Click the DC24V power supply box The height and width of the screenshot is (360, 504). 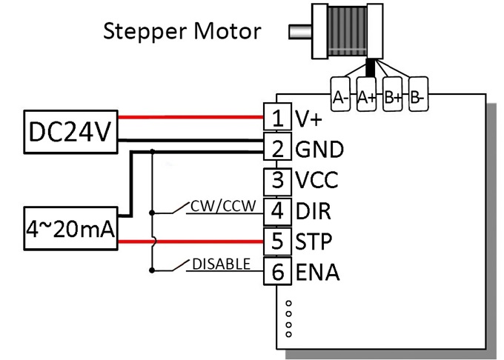[70, 132]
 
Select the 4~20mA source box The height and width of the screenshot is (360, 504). [70, 229]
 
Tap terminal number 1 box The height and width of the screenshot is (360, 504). [278, 116]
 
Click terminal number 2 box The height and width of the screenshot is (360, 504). [278, 147]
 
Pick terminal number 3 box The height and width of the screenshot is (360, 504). [278, 181]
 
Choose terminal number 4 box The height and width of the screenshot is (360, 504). [278, 212]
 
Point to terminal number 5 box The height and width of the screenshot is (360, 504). [278, 241]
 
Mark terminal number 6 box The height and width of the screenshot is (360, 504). [278, 270]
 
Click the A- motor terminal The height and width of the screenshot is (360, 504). [340, 94]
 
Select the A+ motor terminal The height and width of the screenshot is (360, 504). [366, 94]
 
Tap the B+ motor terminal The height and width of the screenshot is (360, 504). [393, 94]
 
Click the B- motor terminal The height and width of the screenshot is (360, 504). [418, 94]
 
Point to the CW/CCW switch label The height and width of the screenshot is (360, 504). [223, 206]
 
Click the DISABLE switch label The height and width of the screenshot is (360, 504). [221, 264]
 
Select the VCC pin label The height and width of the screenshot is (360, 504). [316, 180]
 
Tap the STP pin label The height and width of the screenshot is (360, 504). [314, 241]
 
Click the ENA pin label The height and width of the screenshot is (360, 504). [317, 272]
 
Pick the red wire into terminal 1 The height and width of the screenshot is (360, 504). [191, 117]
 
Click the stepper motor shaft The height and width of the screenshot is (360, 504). [300, 31]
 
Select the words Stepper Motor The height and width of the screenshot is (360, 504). [182, 31]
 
